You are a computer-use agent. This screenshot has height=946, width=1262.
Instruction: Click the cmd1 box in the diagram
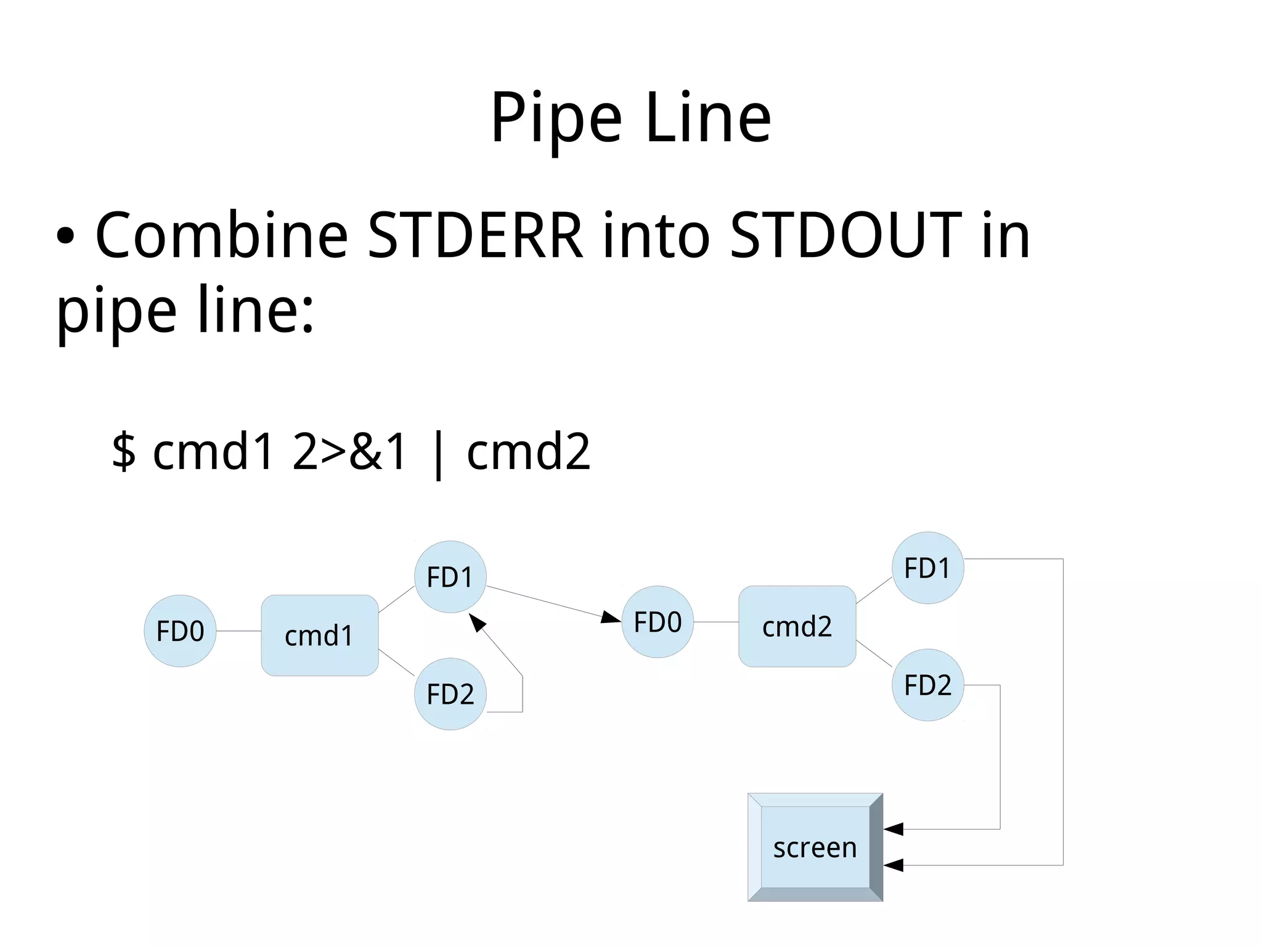[x=319, y=635]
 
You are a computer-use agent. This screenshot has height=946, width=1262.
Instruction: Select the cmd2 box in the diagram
[x=797, y=626]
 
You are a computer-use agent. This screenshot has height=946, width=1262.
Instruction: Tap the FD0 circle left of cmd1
[x=180, y=631]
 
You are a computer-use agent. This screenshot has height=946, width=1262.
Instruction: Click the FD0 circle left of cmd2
[x=657, y=622]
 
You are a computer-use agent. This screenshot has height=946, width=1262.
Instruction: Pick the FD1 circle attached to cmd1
[x=450, y=577]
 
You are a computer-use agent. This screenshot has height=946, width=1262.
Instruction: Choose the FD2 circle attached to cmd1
[x=450, y=694]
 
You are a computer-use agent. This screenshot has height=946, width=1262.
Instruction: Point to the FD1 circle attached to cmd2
[x=927, y=568]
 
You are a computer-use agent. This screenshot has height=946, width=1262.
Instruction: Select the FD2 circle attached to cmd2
[x=927, y=685]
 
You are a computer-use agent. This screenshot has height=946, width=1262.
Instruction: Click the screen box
[x=815, y=847]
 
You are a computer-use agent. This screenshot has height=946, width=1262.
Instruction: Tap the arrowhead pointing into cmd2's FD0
[x=611, y=617]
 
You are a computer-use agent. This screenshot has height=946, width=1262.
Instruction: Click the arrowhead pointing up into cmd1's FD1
[x=477, y=622]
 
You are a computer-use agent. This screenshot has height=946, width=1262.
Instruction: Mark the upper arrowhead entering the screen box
[x=894, y=829]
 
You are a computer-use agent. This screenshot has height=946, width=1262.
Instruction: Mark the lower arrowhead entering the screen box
[x=894, y=865]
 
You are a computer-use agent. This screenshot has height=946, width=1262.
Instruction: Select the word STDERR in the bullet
[x=475, y=235]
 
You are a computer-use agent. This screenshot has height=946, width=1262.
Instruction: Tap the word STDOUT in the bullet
[x=845, y=235]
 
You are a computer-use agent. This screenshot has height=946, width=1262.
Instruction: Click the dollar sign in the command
[x=123, y=451]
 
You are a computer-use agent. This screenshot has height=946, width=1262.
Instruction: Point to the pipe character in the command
[x=438, y=454]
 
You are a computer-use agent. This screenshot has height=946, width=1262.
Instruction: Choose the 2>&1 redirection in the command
[x=349, y=451]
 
